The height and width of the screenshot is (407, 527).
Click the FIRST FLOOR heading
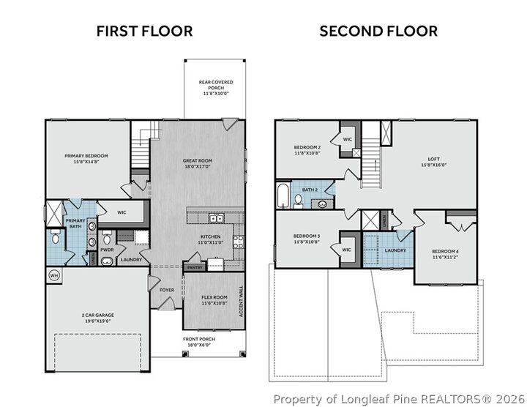[145, 31]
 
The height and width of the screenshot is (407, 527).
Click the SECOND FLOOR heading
[378, 31]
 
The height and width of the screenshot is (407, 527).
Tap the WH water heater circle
[53, 275]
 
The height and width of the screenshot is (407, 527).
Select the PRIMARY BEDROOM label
[86, 156]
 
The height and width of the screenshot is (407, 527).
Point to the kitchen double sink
[216, 217]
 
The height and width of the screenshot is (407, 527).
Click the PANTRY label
[194, 268]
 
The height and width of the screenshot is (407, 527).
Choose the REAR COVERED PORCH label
[216, 83]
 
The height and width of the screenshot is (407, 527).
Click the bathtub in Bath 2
[283, 196]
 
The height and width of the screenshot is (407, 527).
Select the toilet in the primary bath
[54, 236]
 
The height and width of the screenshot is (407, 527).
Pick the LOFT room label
[434, 158]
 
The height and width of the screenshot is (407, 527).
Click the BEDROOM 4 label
[446, 252]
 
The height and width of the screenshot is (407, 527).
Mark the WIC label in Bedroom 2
[347, 138]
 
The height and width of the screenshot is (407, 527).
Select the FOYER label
[167, 289]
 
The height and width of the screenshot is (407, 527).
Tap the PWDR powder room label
[107, 250]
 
